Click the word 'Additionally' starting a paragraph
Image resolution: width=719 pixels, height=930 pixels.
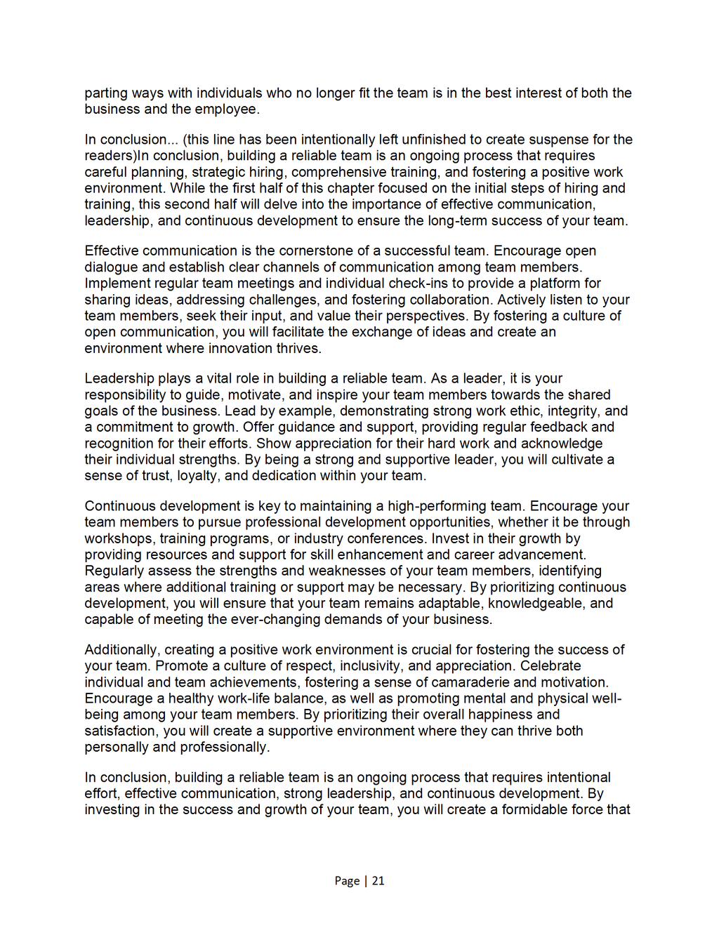point(121,650)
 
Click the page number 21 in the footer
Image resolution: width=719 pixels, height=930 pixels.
point(378,881)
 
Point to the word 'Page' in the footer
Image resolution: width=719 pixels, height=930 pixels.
point(347,881)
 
